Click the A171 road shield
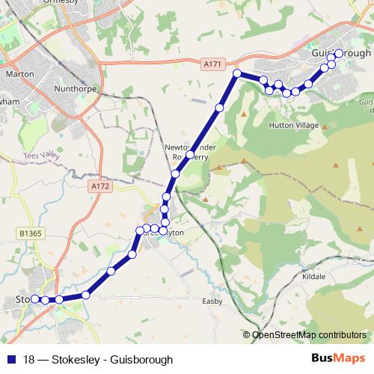[x=212, y=65]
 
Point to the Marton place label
[x=19, y=75]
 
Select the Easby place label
[x=213, y=301]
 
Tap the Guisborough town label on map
[x=340, y=55]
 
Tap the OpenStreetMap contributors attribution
[x=308, y=334]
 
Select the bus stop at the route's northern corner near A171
[x=237, y=73]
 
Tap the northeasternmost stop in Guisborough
[x=339, y=53]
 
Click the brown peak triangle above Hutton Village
[x=244, y=113]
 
